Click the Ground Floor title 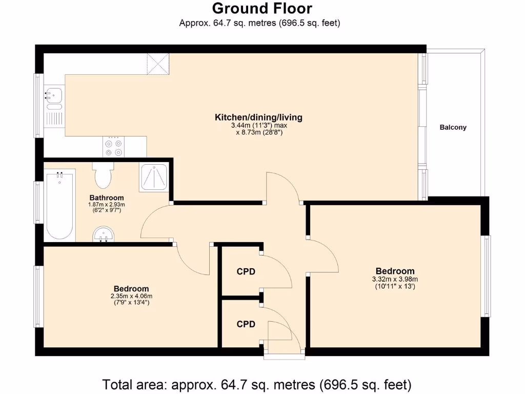pos(262,9)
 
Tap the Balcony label pos(453,127)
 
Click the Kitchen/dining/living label pos(258,117)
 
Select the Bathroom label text pos(107,198)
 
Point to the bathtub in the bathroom pos(59,206)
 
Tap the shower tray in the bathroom pos(154,178)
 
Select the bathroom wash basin pos(105,235)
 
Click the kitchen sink pos(53,95)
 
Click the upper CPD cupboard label pos(246,272)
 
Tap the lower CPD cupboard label pos(246,324)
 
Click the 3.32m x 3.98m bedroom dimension pos(395,280)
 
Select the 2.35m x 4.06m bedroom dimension pos(131,297)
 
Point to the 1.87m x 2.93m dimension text pos(107,205)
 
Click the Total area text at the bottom pos(257,384)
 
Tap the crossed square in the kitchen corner pos(158,64)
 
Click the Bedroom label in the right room pos(395,271)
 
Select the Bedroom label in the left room pos(131,289)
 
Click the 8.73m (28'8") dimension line pos(258,132)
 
